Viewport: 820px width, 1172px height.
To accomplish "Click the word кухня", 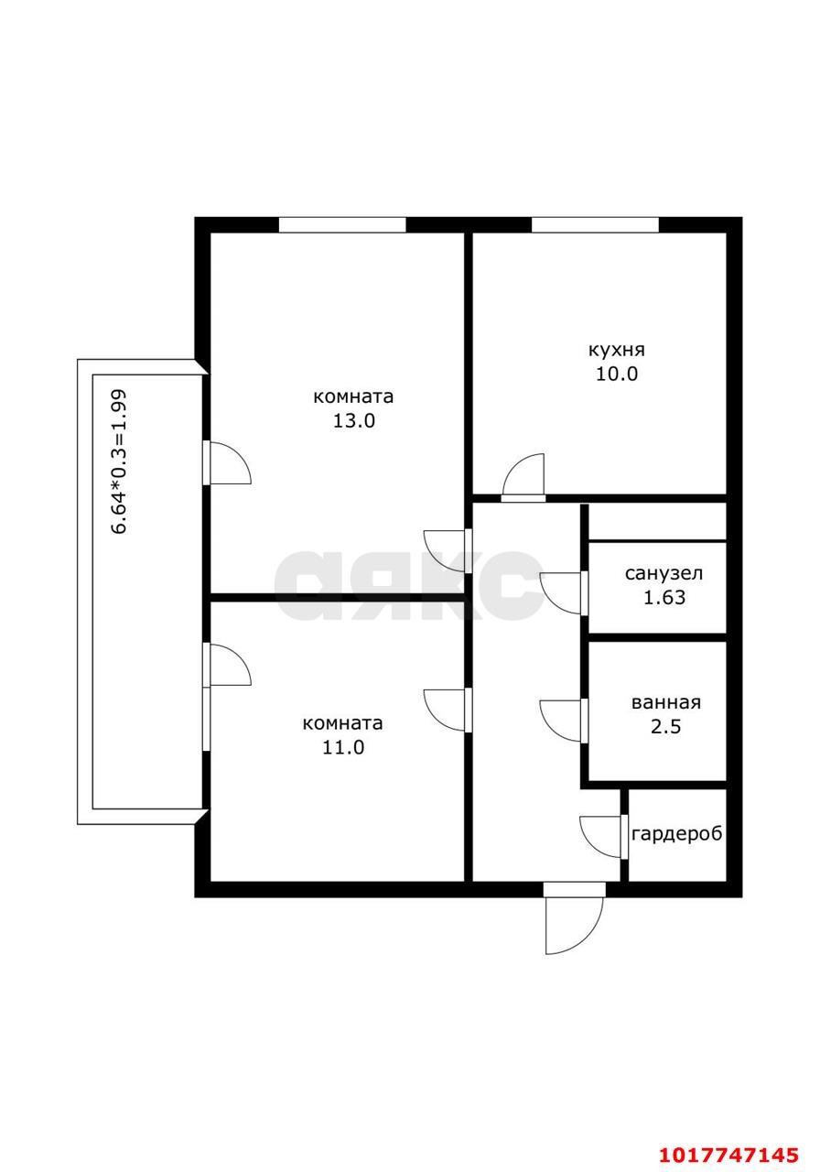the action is point(617,351).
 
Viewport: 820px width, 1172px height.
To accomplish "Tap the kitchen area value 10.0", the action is point(617,374).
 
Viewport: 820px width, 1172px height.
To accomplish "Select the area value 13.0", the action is point(354,421).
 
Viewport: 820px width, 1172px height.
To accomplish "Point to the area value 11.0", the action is point(343,747).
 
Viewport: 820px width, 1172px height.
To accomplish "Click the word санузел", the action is point(664,573).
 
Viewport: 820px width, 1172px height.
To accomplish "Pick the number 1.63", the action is point(664,598).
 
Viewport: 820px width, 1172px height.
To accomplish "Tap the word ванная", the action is point(665,702).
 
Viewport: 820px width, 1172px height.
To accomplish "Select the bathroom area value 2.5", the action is point(665,727).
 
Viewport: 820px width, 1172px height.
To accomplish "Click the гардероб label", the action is point(676,834).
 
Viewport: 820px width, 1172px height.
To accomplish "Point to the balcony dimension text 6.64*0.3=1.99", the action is point(119,461).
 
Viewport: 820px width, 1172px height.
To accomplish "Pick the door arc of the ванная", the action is point(547,730).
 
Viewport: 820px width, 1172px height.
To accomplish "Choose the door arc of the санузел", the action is point(547,602).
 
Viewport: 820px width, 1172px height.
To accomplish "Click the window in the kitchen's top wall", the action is point(595,224).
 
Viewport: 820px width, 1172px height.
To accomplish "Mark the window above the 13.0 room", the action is point(342,224).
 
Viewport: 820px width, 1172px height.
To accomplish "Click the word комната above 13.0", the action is point(353,396).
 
